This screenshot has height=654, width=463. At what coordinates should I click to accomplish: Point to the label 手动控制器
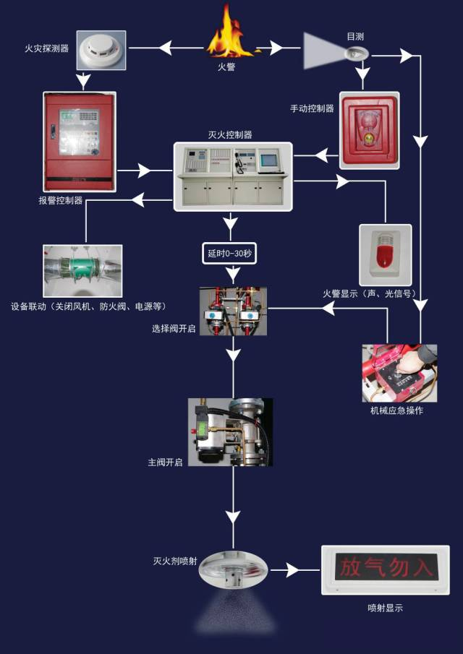312,109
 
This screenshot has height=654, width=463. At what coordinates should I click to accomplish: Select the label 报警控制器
60,201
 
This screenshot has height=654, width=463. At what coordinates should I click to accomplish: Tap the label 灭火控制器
230,134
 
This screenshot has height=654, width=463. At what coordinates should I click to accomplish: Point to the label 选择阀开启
174,329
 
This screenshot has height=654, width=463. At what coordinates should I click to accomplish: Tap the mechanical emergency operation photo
399,372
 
